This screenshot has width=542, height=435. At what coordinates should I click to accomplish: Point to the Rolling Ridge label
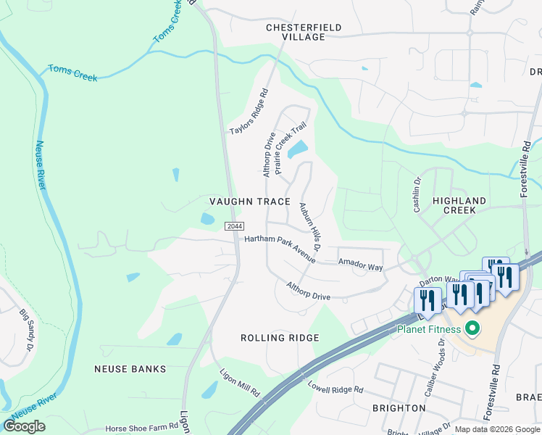pos(280,339)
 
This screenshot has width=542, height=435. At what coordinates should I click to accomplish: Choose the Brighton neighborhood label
pos(399,408)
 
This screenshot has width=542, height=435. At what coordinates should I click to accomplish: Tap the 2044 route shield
pos(234,226)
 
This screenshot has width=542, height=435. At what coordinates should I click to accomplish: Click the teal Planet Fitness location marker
pos(473,329)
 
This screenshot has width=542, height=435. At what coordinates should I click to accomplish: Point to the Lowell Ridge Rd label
pos(335,389)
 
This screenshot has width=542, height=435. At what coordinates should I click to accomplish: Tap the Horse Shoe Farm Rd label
pos(141,429)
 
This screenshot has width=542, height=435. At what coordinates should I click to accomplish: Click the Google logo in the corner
pos(24,426)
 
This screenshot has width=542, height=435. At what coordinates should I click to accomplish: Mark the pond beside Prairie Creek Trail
pos(298,150)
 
